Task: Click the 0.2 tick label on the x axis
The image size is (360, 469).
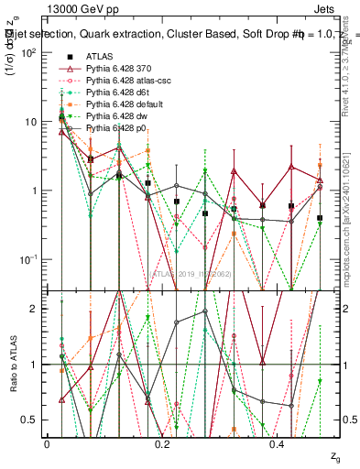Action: [162, 443]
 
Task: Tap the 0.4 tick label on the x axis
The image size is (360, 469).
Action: [277, 443]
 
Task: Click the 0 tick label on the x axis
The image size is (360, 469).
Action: [47, 443]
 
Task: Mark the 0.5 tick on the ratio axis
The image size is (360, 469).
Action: [32, 420]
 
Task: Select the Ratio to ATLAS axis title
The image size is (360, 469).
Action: [12, 364]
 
